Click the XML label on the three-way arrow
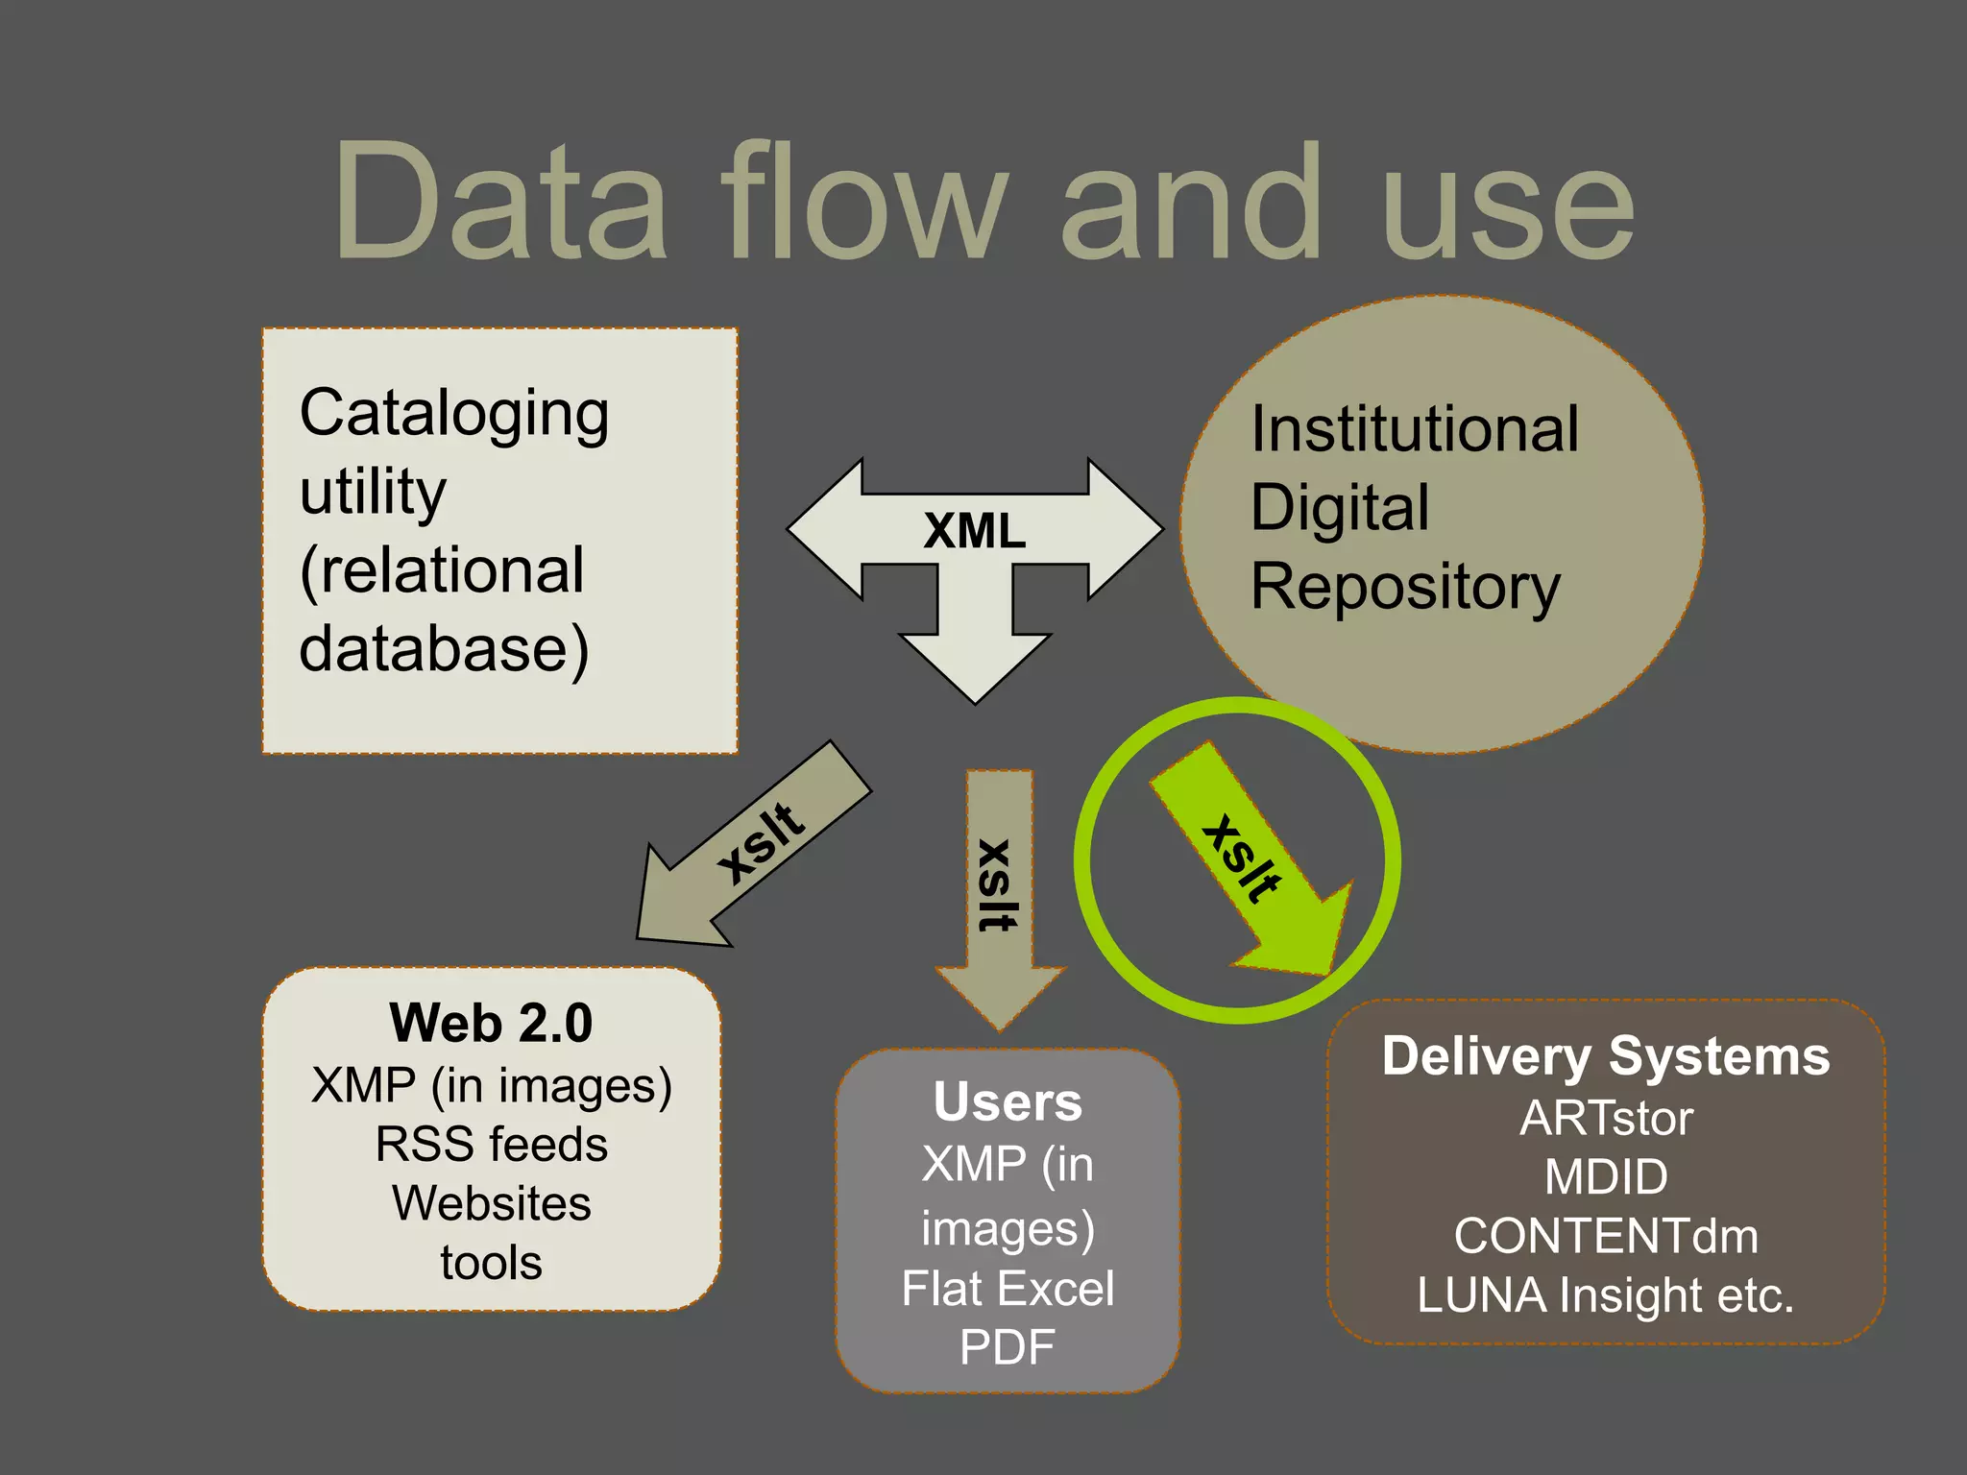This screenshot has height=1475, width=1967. coord(974,531)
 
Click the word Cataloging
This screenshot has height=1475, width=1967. coord(454,414)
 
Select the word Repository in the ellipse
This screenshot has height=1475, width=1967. coord(1405,587)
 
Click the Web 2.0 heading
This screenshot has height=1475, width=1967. coord(491,1023)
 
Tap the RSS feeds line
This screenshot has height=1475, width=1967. coord(491,1145)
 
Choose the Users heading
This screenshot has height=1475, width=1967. coord(1008,1101)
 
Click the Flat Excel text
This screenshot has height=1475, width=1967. coord(1008,1289)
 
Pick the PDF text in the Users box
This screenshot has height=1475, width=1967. coord(1008,1347)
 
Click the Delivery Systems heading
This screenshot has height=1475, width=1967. coord(1606,1056)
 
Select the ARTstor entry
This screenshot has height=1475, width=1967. coord(1606,1119)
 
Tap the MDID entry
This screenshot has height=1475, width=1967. coord(1606,1177)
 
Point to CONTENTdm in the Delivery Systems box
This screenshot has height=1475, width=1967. coord(1606,1236)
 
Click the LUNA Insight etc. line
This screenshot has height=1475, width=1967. coord(1606,1295)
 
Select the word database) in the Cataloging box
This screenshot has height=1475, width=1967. coord(444,650)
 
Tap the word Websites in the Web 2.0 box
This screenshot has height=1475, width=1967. coord(491,1203)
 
